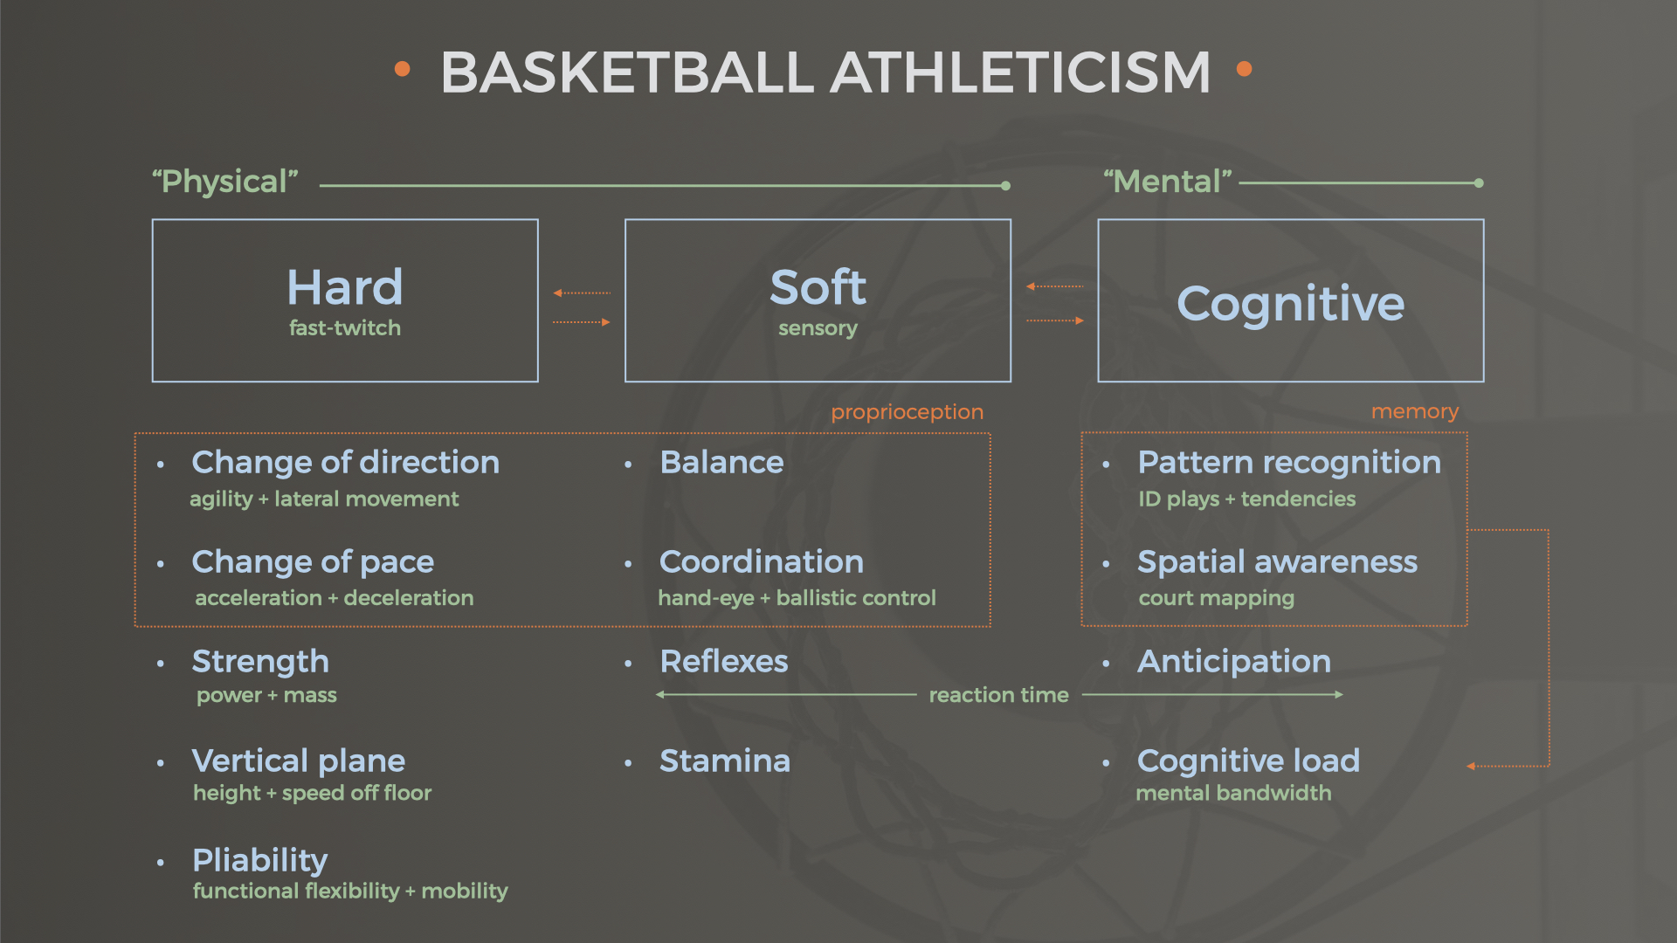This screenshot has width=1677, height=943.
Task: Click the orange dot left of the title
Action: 402,68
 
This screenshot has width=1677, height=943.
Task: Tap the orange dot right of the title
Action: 1245,68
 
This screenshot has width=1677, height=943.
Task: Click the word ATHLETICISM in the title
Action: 1020,72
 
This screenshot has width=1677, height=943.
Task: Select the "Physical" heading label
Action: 225,182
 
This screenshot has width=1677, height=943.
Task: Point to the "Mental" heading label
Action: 1168,182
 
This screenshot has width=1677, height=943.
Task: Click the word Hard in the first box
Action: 345,286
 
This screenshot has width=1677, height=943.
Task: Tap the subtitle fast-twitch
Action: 345,327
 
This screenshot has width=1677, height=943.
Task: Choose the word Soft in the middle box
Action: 818,286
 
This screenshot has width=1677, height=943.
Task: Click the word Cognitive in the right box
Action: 1291,304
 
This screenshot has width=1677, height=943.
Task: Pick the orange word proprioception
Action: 907,412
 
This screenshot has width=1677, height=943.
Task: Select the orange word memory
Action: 1415,411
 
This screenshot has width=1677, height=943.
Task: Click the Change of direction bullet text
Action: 345,462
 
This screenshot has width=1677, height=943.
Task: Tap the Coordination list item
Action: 762,561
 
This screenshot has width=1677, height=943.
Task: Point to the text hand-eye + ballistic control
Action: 797,598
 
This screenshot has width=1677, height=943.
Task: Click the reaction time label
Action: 998,695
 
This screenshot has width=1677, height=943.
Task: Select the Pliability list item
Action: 260,861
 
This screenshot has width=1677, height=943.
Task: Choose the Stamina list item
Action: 725,761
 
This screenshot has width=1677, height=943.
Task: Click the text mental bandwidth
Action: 1233,793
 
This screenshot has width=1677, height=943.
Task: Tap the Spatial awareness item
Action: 1277,561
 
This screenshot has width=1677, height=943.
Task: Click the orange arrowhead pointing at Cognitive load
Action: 1471,767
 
